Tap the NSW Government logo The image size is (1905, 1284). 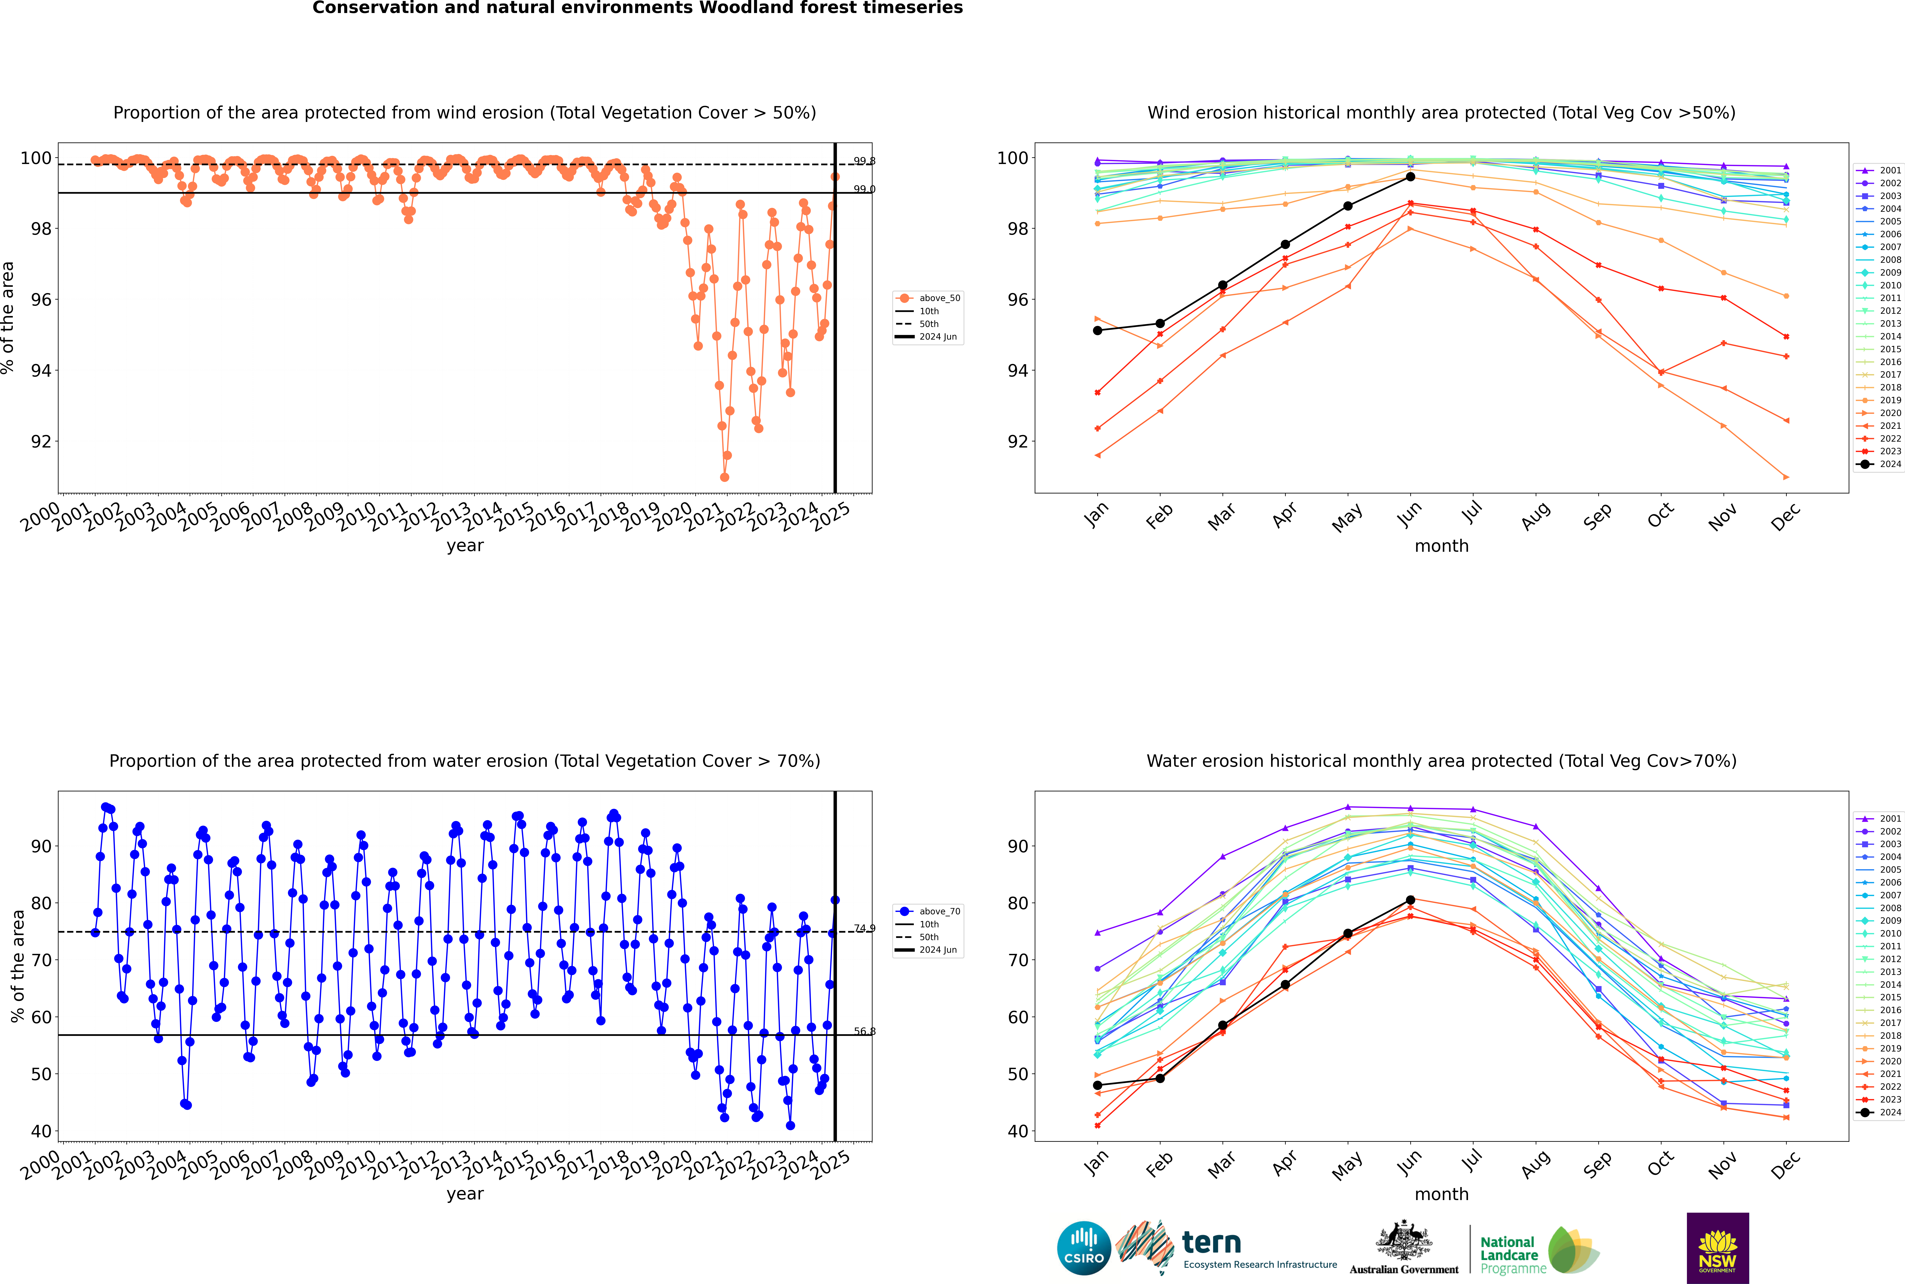point(1717,1247)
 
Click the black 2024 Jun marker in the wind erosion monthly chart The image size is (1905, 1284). point(1410,177)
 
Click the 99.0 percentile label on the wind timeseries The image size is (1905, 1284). point(864,189)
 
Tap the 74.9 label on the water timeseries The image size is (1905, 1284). point(864,929)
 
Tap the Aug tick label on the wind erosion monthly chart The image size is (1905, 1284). point(1535,516)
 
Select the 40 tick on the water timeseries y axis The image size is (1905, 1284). point(41,1132)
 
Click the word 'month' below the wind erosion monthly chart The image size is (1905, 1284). point(1441,546)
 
